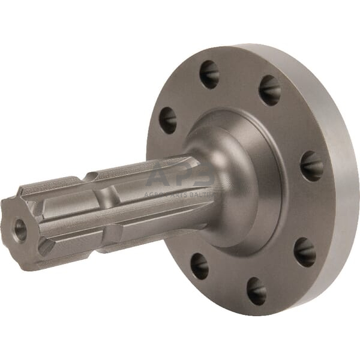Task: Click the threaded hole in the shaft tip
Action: [20, 229]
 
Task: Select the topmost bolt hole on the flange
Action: [209, 74]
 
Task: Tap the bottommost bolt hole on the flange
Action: [256, 291]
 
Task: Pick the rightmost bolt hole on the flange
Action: [311, 166]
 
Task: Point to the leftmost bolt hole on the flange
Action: [167, 120]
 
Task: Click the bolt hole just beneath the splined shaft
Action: [199, 266]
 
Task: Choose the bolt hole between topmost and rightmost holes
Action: [269, 91]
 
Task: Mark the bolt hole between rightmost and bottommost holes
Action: [304, 252]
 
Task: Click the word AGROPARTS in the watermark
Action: [166, 194]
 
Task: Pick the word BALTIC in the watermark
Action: [204, 194]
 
